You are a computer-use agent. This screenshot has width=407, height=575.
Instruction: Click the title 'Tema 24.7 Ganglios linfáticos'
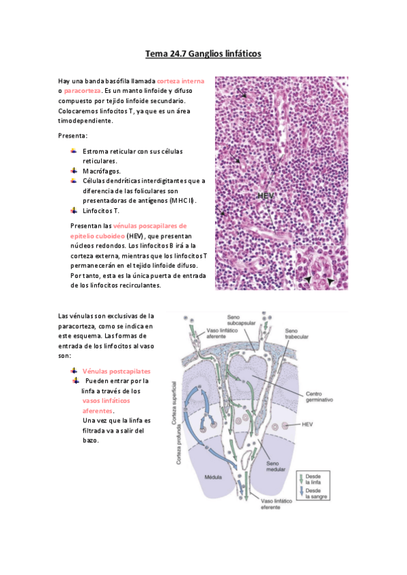pos(203,53)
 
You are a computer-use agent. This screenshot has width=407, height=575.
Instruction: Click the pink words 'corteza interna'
pos(180,81)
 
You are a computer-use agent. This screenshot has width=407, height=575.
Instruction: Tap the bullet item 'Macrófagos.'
pos(102,172)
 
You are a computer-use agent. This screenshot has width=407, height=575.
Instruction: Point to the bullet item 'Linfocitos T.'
pos(101,211)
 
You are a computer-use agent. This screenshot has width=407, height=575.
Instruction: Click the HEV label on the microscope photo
pos(266,196)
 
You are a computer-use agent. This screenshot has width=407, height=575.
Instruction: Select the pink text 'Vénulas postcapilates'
pos(117,372)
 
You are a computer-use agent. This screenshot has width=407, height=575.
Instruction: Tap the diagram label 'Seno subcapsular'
pos(237,321)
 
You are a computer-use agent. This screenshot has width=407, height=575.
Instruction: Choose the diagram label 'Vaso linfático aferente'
pos(220,336)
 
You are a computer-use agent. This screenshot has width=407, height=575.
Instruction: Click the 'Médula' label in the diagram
pos(214,477)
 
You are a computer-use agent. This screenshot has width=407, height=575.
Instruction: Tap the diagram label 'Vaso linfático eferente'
pos(277,506)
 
